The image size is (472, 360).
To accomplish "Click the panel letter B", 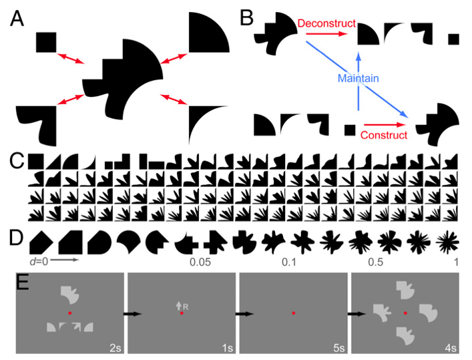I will (246, 19).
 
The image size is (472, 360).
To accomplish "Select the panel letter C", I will (18, 161).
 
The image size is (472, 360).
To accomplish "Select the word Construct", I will (385, 136).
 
